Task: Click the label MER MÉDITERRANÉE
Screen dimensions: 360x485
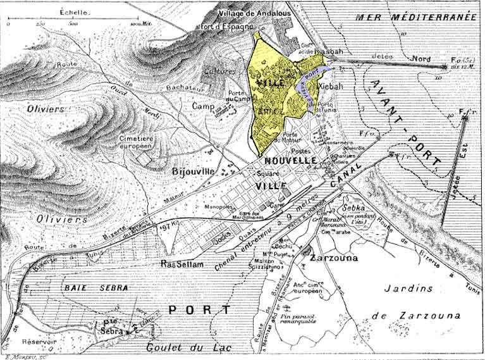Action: [x=415, y=18]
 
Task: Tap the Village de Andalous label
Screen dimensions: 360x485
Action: [x=254, y=13]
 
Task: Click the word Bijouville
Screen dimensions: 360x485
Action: [x=193, y=171]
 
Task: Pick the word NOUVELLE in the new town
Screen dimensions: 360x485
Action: [x=290, y=161]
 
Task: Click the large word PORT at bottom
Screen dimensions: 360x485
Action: [x=199, y=310]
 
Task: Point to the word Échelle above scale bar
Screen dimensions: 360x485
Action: [x=74, y=12]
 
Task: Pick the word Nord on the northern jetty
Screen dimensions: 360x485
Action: [x=421, y=59]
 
